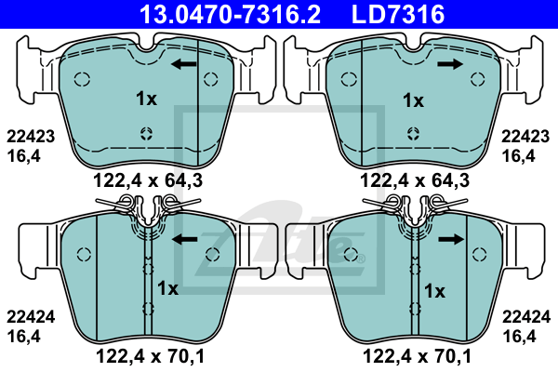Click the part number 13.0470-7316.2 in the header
[x=230, y=15]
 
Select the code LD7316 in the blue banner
[x=398, y=15]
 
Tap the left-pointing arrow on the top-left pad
[x=183, y=64]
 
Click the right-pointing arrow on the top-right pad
[x=450, y=64]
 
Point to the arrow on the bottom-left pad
[x=185, y=239]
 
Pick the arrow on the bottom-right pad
[x=451, y=239]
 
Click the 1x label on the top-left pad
[x=146, y=99]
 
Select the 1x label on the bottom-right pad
[x=434, y=291]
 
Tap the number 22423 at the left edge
[x=31, y=137]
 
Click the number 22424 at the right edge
[x=526, y=317]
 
